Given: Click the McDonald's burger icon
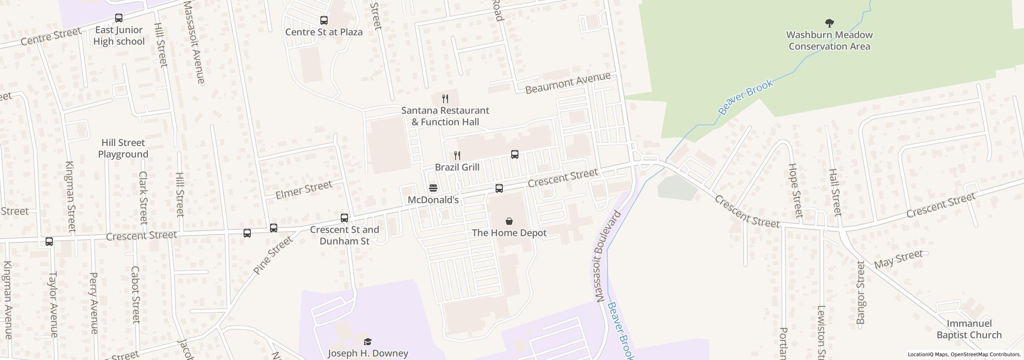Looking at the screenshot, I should click(x=433, y=188).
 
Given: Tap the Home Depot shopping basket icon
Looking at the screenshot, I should click(x=509, y=221).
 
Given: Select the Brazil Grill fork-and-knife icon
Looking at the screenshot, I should click(x=457, y=155).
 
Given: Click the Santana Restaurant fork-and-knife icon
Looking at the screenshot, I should click(x=445, y=98).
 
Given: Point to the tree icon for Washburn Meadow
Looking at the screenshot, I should click(x=830, y=23).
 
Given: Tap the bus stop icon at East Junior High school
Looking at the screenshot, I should click(x=119, y=18).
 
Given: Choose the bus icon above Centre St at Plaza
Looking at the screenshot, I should click(x=324, y=20).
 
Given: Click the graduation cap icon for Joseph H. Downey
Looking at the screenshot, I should click(x=368, y=342).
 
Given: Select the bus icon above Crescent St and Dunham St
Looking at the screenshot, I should click(x=344, y=218).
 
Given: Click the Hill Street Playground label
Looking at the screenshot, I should click(x=123, y=148).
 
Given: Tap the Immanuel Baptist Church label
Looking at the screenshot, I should click(x=969, y=329).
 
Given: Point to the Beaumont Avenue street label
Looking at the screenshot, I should click(x=568, y=83).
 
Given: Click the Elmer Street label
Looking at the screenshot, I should click(x=304, y=190).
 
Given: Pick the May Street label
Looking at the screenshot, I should click(x=898, y=259).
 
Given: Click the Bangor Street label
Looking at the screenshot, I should click(x=861, y=292).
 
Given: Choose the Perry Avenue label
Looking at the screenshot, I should click(x=94, y=303).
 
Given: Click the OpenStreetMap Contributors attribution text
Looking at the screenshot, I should click(x=986, y=354).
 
